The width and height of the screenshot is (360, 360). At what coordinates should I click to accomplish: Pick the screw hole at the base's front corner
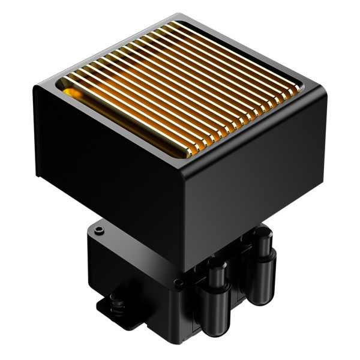[178, 283]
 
